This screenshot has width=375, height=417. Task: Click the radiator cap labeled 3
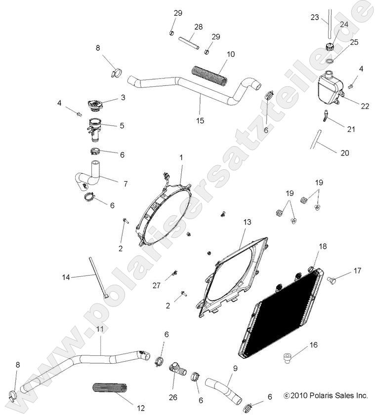click(94, 106)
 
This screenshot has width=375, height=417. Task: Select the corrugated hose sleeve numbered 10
click(209, 75)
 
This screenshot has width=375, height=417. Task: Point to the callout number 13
click(247, 223)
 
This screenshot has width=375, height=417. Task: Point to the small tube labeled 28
click(190, 42)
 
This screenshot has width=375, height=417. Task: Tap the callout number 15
click(200, 120)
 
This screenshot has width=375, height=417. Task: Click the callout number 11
click(100, 329)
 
